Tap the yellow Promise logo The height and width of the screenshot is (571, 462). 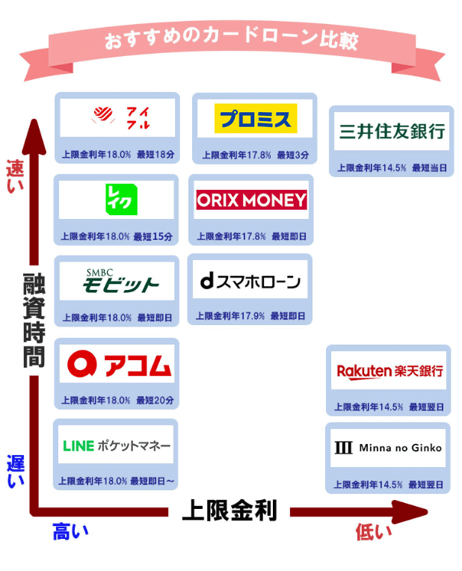click(x=254, y=118)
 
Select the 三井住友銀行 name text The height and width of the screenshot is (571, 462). click(x=391, y=132)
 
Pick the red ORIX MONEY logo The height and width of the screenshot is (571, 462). click(x=251, y=200)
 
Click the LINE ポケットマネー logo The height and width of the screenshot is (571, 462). click(x=117, y=446)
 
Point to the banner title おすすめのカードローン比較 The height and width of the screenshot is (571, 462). click(x=231, y=40)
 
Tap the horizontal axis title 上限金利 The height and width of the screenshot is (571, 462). click(x=230, y=511)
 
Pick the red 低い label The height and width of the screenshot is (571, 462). click(x=372, y=532)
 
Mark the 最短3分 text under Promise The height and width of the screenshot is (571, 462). click(x=292, y=155)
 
